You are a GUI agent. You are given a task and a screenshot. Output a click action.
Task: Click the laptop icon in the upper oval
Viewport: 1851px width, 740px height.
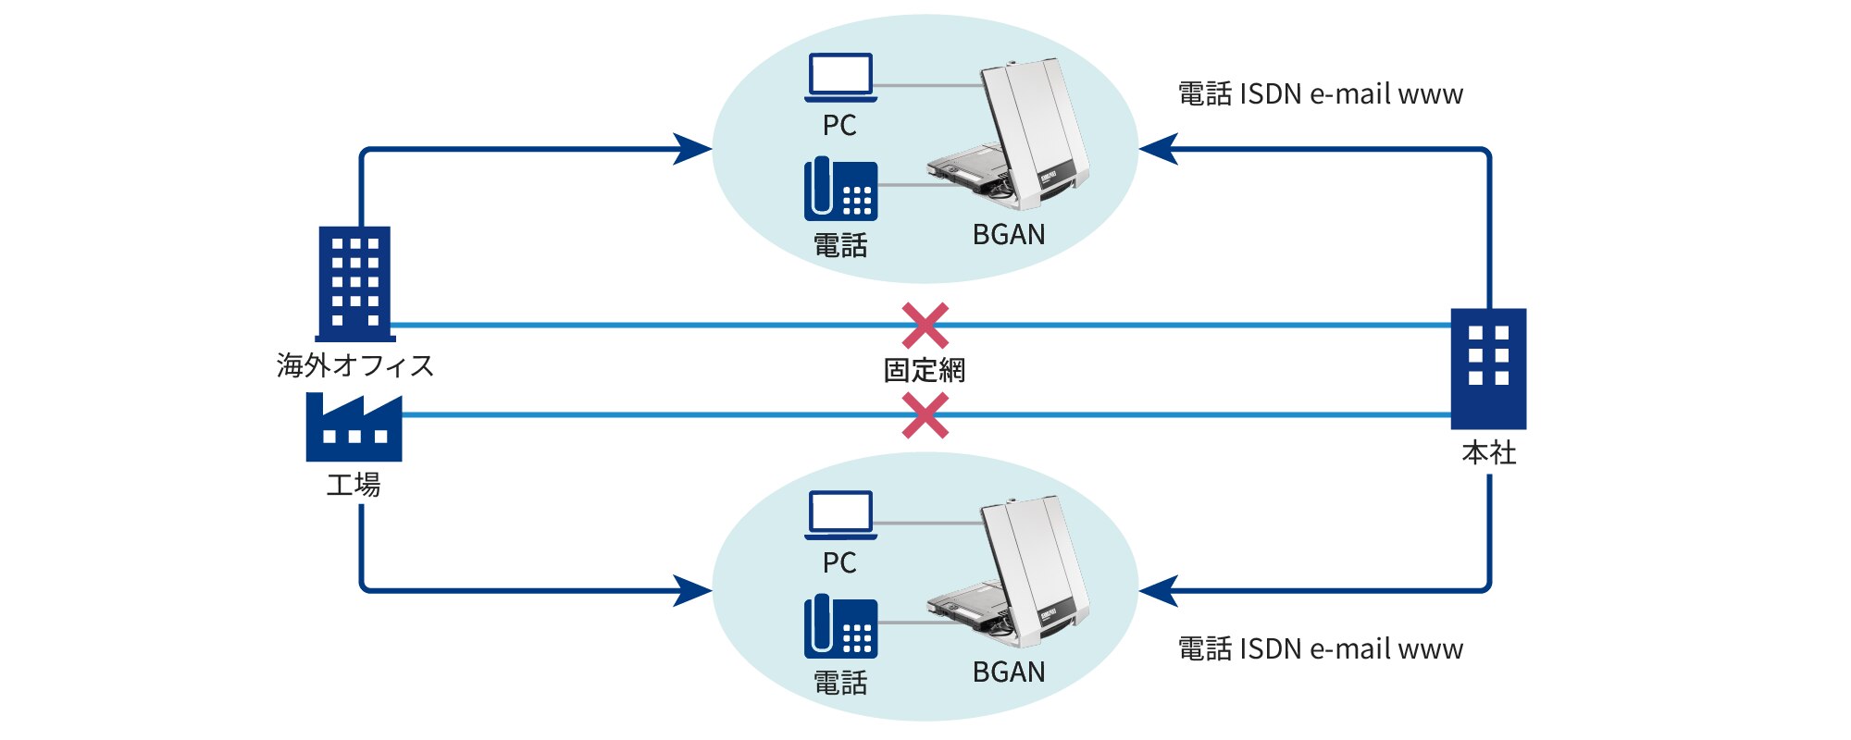coord(840,78)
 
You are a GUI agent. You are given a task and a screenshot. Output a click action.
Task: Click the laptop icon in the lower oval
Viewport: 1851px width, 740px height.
coord(840,515)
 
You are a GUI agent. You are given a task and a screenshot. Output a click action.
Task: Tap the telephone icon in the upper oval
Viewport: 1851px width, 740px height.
coord(840,190)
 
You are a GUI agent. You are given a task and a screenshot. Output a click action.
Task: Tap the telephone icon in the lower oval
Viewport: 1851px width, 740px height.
coord(840,627)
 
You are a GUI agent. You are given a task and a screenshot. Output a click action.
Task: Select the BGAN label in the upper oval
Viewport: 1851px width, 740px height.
coord(1009,235)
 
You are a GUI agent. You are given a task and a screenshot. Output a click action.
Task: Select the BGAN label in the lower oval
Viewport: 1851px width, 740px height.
coord(1009,672)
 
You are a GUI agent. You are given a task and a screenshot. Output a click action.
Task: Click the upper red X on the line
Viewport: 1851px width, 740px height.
coord(925,326)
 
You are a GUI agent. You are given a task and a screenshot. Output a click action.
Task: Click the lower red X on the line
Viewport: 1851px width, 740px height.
coord(925,415)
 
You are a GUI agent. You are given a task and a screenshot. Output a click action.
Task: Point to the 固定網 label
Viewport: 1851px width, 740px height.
coord(925,371)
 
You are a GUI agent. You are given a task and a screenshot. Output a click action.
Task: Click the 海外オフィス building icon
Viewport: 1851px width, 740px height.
coord(354,283)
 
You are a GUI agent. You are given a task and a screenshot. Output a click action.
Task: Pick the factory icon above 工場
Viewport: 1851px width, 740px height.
coord(354,428)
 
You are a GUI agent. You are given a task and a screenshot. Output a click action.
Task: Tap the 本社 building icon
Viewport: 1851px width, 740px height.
coord(1488,368)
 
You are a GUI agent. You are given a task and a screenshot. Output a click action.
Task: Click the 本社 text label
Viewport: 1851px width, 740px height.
coord(1489,453)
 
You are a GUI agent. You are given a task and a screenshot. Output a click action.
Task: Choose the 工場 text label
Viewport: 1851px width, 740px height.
coord(354,485)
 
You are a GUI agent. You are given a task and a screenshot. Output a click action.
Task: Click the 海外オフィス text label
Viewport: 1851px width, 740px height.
coord(355,365)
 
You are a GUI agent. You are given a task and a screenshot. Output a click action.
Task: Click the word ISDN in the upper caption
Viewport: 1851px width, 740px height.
coord(1270,94)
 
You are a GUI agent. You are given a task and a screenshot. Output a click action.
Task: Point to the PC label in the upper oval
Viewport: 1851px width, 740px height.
coord(839,126)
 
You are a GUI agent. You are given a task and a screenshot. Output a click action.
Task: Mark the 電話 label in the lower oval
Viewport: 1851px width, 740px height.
coord(840,684)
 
